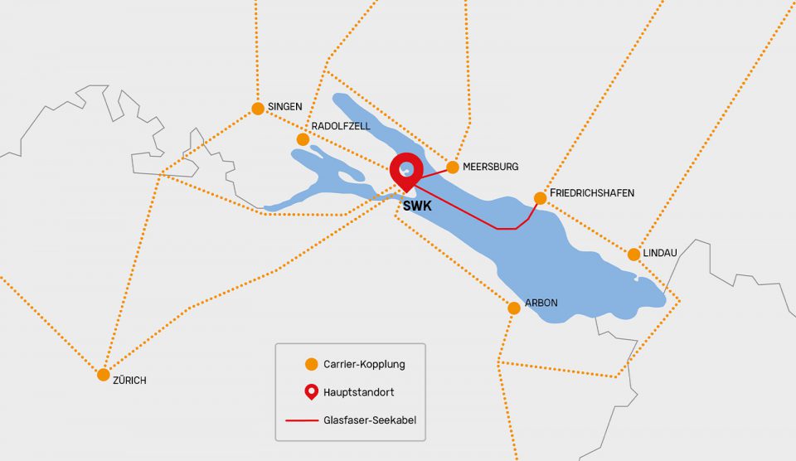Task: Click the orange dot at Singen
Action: coord(257,108)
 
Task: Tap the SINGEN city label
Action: coord(284,107)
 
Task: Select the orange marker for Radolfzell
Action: coord(303,139)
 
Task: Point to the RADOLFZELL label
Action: coord(340,126)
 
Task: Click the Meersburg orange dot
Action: coord(453,167)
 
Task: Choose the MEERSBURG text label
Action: coord(490,167)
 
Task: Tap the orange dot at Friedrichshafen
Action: coord(541,198)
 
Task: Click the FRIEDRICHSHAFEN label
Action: coord(591,193)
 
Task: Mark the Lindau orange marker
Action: coord(633,255)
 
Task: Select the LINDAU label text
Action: coord(660,251)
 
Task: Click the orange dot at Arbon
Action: coord(514,308)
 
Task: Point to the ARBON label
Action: coord(541,303)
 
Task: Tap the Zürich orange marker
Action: coord(104,375)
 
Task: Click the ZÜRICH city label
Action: coord(129,381)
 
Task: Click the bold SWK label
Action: coord(418,206)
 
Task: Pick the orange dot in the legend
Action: coord(311,364)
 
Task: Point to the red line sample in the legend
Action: coord(302,420)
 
